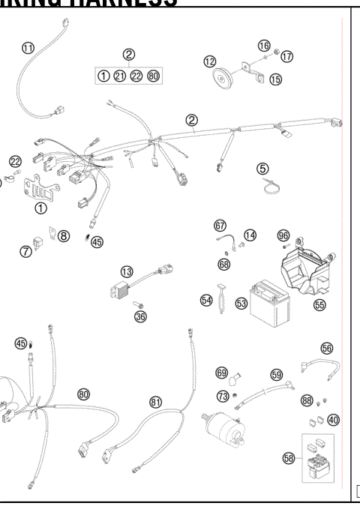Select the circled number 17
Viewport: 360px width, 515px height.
tap(287, 55)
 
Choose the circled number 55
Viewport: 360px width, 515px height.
tap(320, 305)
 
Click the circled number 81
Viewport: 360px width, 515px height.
tap(156, 402)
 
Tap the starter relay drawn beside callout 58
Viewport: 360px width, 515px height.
tap(316, 460)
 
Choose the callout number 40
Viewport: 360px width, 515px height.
tap(333, 419)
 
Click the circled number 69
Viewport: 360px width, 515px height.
tap(221, 373)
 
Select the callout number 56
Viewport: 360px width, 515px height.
tap(326, 348)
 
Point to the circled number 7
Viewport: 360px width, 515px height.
tap(26, 250)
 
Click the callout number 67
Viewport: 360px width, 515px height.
tap(220, 226)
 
